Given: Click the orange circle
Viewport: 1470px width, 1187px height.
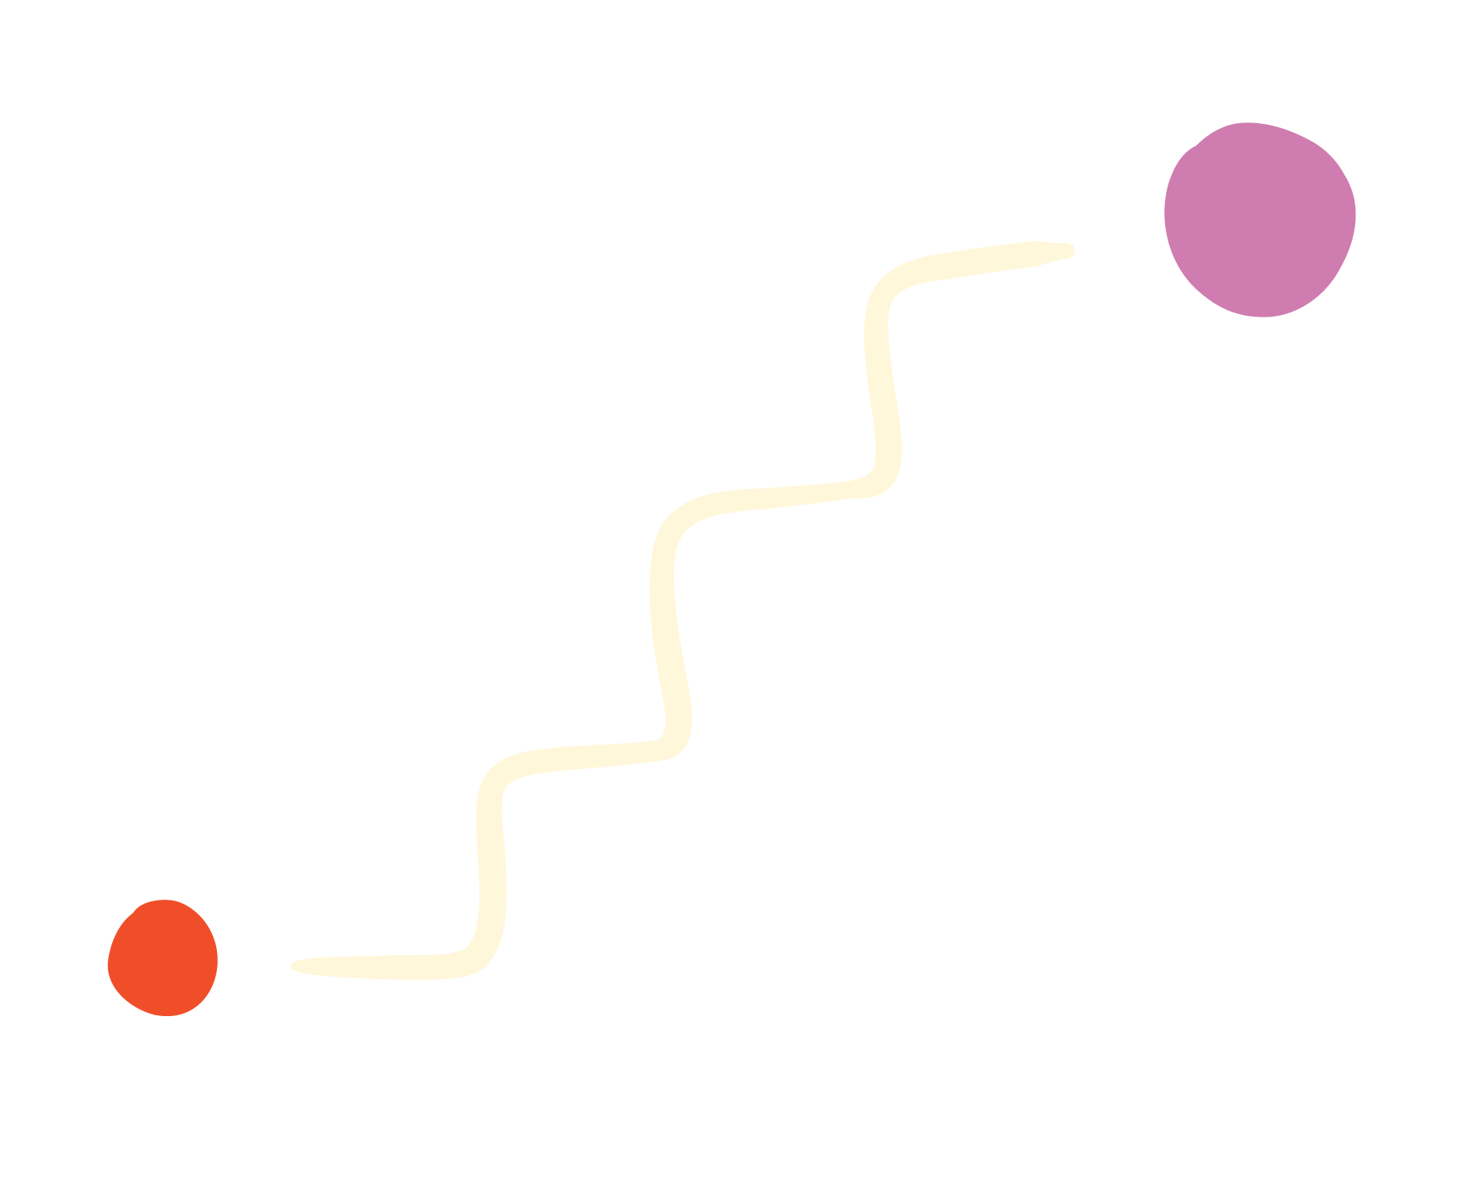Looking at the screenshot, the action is (x=162, y=958).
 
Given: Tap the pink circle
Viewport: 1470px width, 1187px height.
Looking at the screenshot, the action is (x=1260, y=219).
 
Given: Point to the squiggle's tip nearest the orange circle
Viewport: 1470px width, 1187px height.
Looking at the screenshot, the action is (x=295, y=966).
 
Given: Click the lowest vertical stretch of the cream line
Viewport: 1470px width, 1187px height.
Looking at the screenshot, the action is (x=492, y=863).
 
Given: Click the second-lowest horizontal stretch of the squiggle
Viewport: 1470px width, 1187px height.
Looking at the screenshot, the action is (x=586, y=757).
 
